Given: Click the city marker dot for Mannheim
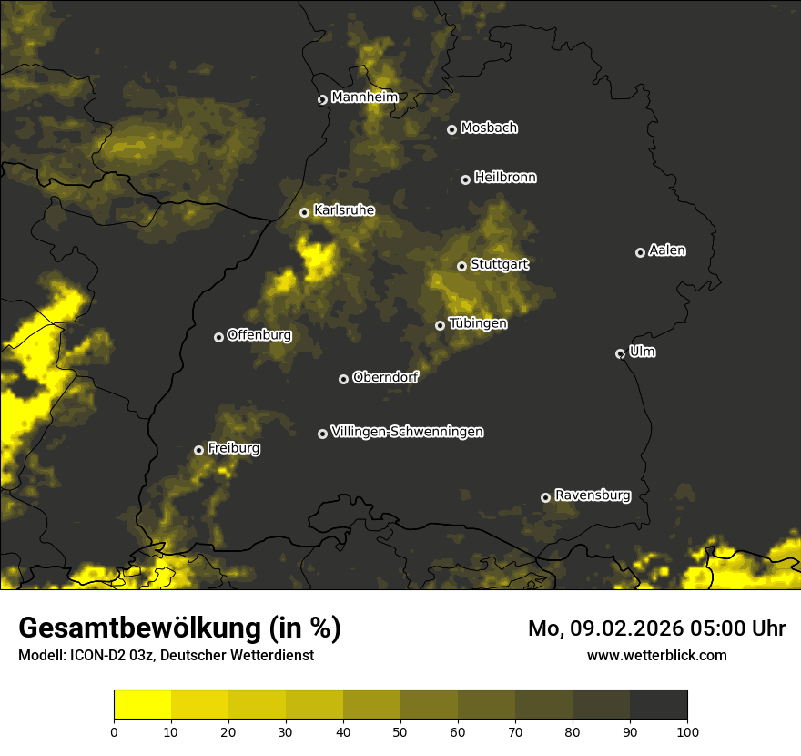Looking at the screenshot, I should [322, 100].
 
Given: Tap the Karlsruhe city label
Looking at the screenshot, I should [344, 210].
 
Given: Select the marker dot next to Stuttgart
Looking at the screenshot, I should [461, 266].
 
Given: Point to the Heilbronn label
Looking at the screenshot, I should [505, 178].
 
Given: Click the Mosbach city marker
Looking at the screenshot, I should [451, 129].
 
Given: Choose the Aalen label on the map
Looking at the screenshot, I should [667, 250].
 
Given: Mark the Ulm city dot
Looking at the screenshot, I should [620, 353].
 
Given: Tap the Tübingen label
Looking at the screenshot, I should [478, 323].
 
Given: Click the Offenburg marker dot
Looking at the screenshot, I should [218, 337].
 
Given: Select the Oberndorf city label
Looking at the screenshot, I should [385, 377].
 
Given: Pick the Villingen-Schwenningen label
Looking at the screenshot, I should [407, 432].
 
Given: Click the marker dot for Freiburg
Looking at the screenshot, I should [198, 450].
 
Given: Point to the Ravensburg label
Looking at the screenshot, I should [592, 495].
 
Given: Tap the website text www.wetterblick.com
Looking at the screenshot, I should [656, 655].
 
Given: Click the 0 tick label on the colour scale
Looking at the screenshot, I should [114, 731].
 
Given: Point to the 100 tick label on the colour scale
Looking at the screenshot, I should [687, 731].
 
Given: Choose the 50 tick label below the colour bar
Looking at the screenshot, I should [400, 731].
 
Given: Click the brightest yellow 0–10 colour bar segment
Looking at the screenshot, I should [142, 705].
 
